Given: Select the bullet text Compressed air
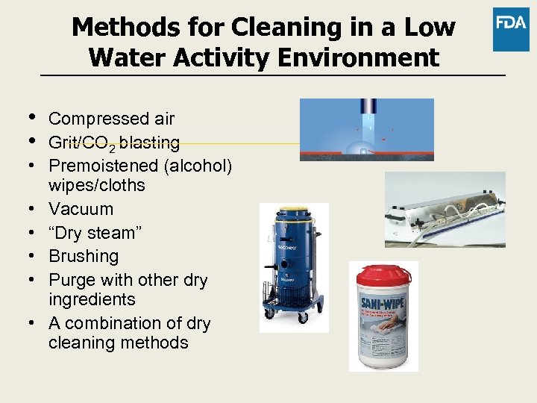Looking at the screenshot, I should pos(111,119).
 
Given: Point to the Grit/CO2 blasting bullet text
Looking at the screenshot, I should pos(113,143).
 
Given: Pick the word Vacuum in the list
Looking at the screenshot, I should pos(81,209).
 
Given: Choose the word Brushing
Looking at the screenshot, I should pos(84,257).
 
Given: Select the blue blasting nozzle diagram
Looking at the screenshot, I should pos(366,129).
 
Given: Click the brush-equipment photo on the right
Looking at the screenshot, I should pos(445,210).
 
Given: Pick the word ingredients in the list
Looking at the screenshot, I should pos(91,300).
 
